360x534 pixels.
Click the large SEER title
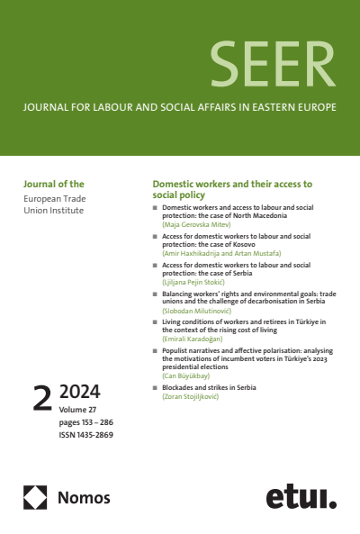tap(270, 62)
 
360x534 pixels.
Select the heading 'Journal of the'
tap(52, 183)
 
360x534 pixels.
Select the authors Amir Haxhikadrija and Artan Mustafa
tap(221, 255)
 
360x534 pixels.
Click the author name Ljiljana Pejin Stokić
tap(194, 283)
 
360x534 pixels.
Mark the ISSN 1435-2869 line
tap(86, 435)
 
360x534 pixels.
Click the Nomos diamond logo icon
tap(35, 496)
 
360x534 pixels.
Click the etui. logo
tap(301, 496)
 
